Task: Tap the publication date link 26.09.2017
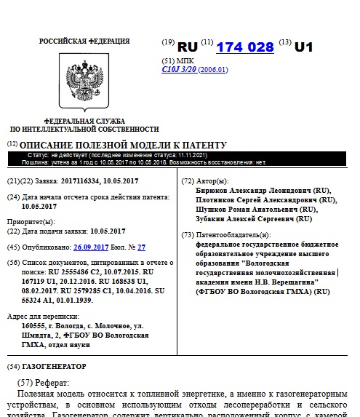coord(91,247)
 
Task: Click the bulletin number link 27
coord(142,247)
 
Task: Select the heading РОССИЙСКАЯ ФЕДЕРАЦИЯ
coord(84,41)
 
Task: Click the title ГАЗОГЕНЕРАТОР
coord(54,366)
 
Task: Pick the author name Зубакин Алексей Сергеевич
coord(243,218)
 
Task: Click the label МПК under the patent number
coord(188,60)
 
